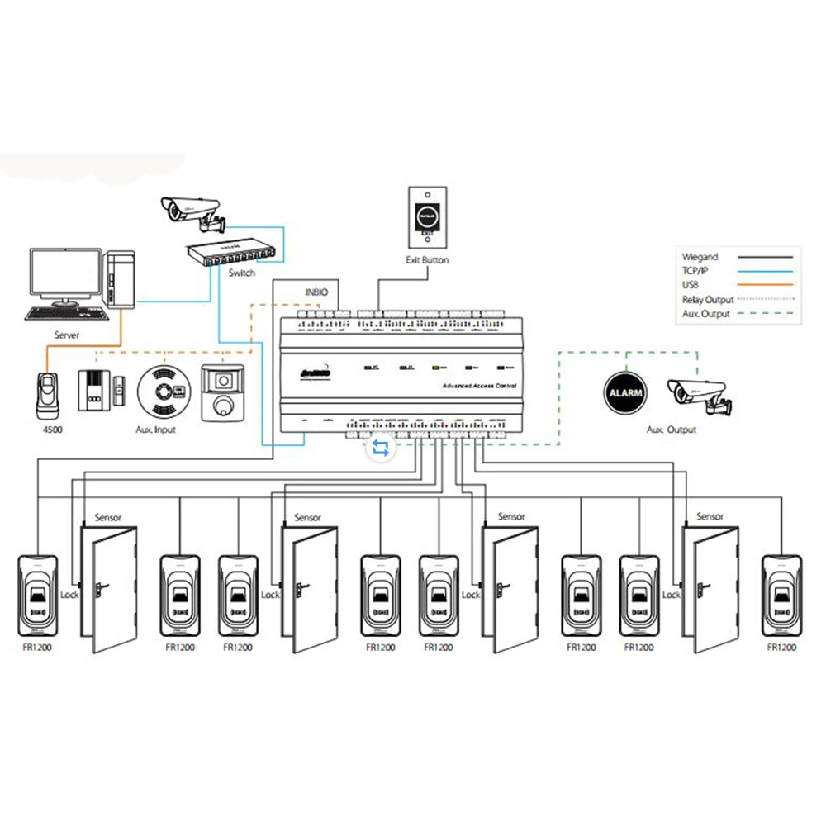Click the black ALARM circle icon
pos(624,392)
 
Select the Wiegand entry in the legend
pos(700,257)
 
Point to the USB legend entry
pos(692,285)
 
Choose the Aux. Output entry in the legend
pos(707,314)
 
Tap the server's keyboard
pos(66,314)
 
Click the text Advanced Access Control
pos(479,387)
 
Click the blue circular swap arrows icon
pos(381,447)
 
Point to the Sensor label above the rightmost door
pos(710,517)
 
